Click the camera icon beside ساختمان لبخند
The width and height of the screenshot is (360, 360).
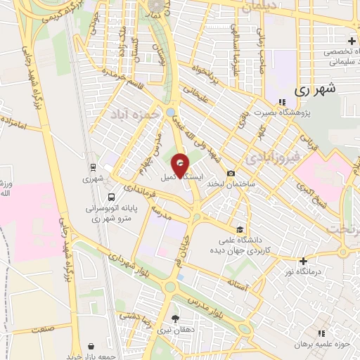(x=231, y=173)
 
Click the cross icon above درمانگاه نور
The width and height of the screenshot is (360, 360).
(x=304, y=260)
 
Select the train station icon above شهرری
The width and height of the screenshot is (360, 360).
(x=92, y=167)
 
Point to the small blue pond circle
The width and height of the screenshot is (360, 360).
(x=171, y=112)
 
